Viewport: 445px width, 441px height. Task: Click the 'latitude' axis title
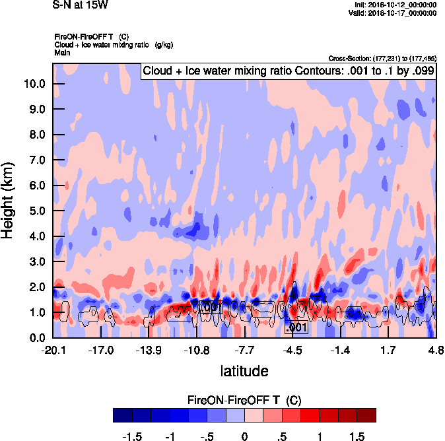pos(244,371)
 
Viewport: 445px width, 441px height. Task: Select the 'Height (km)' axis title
pos(9,199)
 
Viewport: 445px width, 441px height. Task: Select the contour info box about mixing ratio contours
pos(289,71)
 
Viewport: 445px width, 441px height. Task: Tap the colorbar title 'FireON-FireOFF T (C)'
pos(244,400)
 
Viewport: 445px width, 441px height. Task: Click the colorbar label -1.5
pos(133,437)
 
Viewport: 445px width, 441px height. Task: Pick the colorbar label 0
pos(244,437)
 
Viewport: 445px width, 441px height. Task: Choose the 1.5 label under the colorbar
pos(357,437)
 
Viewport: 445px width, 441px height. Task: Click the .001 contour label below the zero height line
pos(296,327)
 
